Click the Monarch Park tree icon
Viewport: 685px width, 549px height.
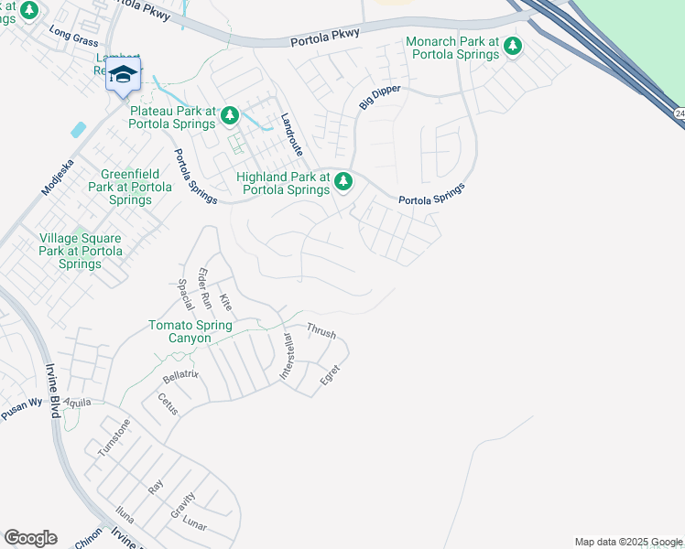click(513, 46)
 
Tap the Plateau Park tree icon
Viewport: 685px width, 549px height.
click(230, 115)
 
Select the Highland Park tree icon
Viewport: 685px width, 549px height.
click(343, 181)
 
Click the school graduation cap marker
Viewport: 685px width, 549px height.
click(123, 74)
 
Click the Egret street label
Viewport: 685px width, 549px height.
click(330, 374)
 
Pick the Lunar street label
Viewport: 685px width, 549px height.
click(194, 526)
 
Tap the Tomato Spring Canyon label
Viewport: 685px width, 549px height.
click(191, 331)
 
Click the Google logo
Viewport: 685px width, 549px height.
click(30, 538)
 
